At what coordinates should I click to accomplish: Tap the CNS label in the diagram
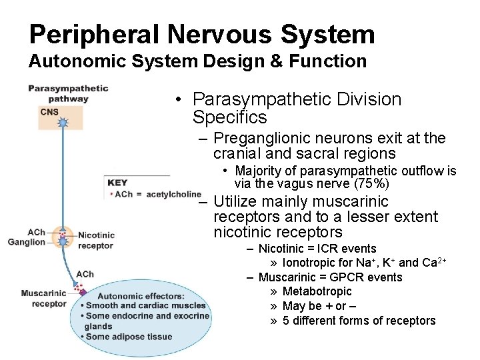pos(49,112)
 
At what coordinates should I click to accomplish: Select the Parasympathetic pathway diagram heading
pos(67,93)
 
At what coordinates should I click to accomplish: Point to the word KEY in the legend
pos(117,183)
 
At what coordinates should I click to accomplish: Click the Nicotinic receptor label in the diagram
pos(96,240)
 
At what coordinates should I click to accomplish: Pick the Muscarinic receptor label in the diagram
pos(44,298)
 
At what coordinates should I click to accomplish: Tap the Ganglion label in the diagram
pos(27,242)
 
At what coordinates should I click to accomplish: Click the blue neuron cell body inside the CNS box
pos(63,123)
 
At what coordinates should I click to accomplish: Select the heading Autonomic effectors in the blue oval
pos(141,295)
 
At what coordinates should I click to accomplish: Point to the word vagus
pos(303,183)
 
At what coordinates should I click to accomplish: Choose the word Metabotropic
pos(317,291)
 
